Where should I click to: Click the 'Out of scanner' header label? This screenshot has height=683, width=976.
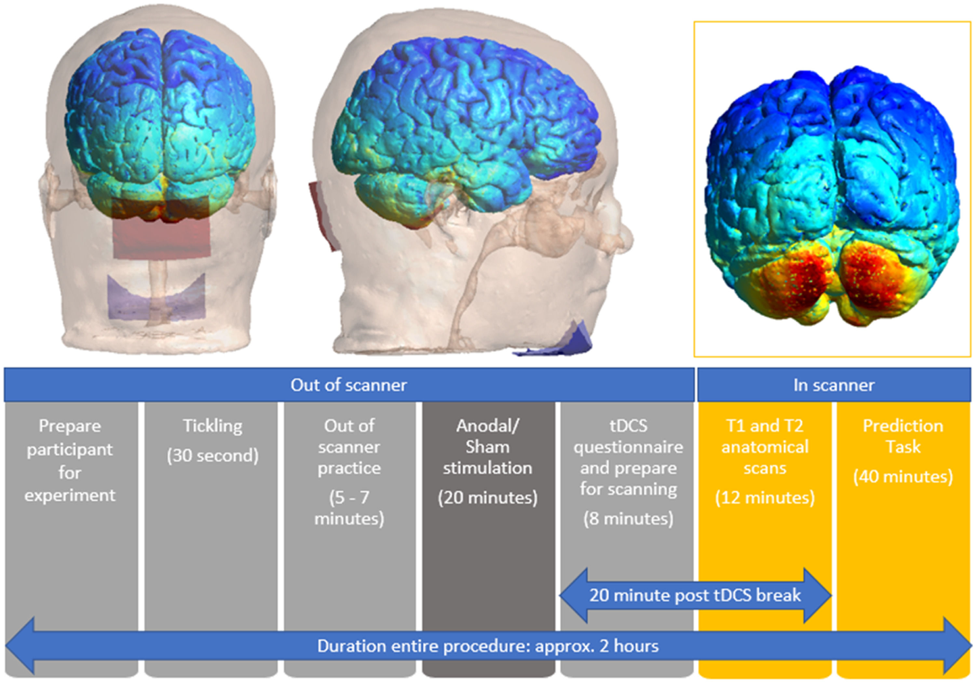(x=348, y=385)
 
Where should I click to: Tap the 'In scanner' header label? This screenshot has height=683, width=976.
(x=834, y=385)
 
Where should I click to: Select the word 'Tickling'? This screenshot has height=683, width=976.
(x=212, y=426)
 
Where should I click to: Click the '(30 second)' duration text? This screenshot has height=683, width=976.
(x=212, y=456)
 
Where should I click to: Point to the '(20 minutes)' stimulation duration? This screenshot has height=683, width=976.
(x=488, y=498)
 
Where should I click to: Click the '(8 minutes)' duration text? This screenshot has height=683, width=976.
(x=628, y=518)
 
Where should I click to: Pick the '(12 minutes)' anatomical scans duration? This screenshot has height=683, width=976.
(x=765, y=498)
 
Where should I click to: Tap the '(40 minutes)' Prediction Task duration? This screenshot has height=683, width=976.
(x=903, y=476)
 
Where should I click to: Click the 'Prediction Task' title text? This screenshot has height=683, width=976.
(x=903, y=436)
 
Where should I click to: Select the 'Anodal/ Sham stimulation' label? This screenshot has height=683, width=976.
(x=488, y=446)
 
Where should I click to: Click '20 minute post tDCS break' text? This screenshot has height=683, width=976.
(x=695, y=595)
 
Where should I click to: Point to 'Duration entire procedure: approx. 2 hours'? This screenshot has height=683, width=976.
(x=488, y=646)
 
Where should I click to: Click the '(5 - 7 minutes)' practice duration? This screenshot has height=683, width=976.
(x=349, y=508)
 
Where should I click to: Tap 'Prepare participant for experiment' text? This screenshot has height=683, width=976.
(x=70, y=460)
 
